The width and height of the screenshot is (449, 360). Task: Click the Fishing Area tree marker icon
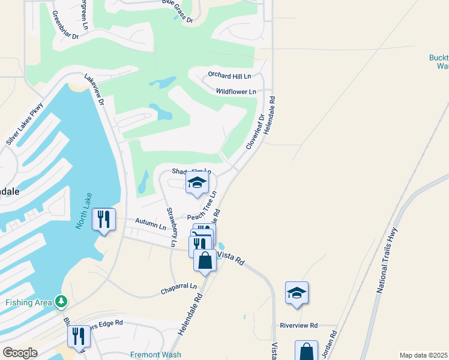[x=60, y=301]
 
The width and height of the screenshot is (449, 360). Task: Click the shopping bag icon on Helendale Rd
[x=205, y=260]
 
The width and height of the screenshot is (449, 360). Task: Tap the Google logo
[x=20, y=352]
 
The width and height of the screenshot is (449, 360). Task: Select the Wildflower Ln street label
[x=236, y=91]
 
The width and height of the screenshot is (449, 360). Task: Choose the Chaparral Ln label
[x=178, y=289]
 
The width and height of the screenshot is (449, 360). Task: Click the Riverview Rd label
[x=298, y=325]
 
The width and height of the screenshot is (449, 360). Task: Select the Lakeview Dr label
[x=95, y=91]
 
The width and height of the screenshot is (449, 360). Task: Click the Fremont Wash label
[x=152, y=355]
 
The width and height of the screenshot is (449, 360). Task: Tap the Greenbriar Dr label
[x=65, y=25]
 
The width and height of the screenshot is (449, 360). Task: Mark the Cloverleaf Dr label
[x=255, y=133]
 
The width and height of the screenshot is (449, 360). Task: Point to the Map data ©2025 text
[x=423, y=355]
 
